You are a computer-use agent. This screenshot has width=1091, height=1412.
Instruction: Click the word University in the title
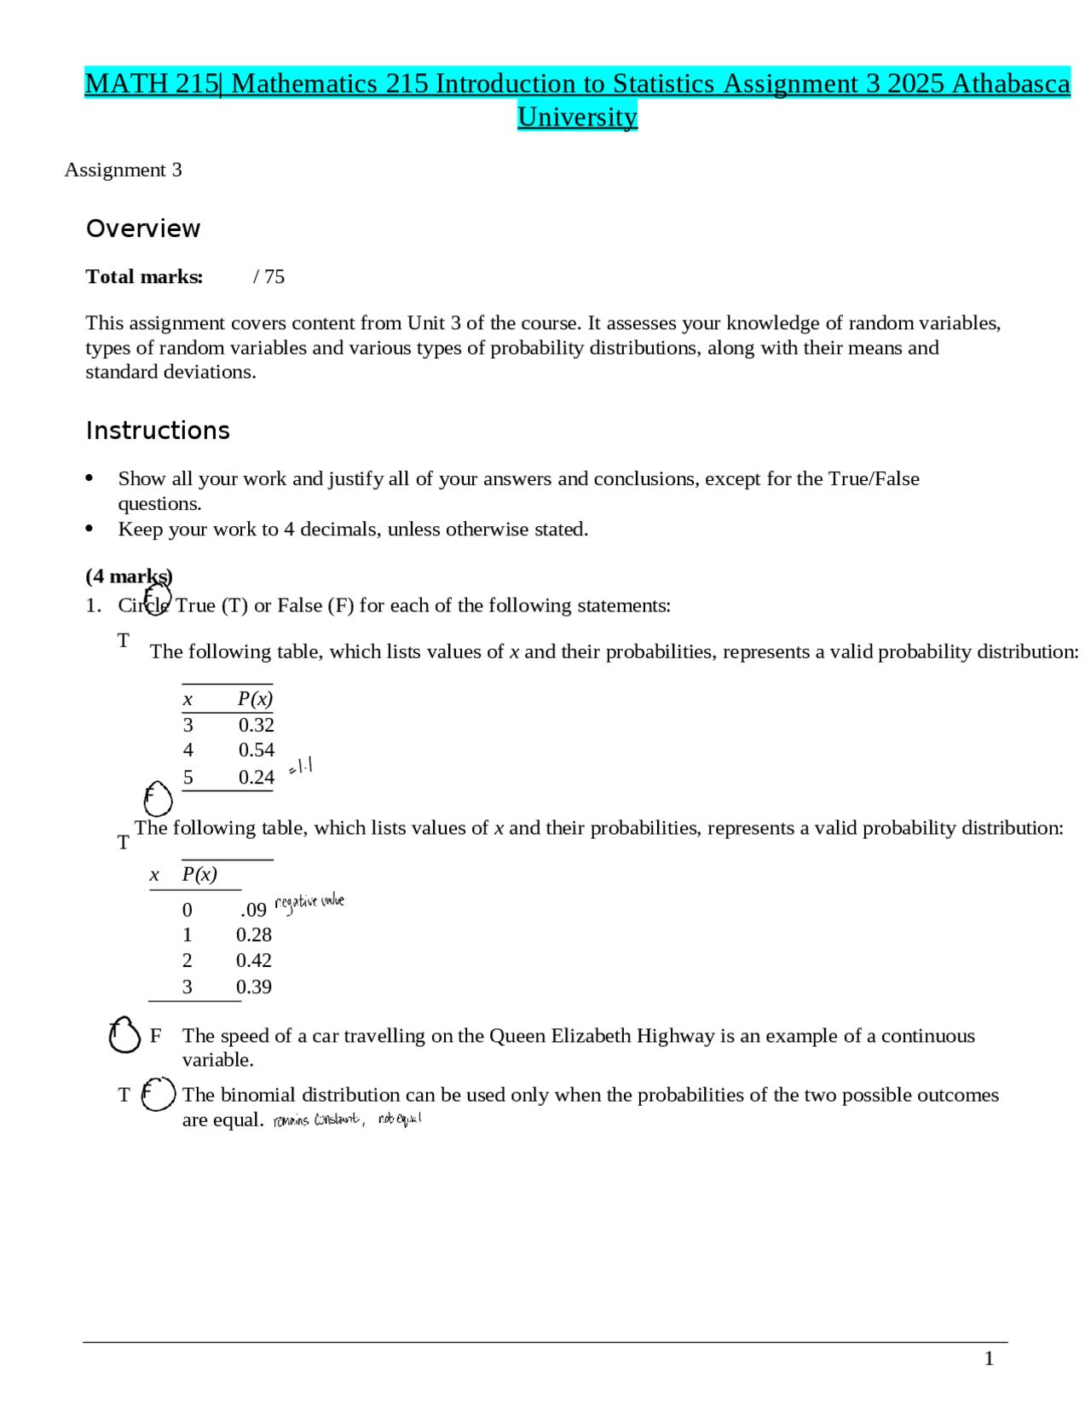point(577,116)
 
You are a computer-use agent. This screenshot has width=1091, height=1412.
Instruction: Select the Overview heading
point(143,229)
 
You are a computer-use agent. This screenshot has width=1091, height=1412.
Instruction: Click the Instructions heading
point(158,431)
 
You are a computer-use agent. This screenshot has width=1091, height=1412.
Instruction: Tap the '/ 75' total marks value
point(268,276)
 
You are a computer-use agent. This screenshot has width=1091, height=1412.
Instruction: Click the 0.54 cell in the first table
point(256,749)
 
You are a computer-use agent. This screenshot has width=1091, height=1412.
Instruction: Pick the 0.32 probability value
point(256,725)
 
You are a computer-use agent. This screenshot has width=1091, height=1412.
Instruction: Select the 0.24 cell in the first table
point(256,777)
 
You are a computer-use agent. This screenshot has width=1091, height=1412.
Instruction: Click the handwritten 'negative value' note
point(309,902)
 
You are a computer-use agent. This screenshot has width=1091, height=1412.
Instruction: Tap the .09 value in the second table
point(253,910)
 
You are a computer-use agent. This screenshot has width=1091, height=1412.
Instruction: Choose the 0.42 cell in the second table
point(253,960)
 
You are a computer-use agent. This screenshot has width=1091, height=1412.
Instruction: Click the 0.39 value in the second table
point(253,987)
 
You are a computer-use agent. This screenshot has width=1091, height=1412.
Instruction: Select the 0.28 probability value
point(253,935)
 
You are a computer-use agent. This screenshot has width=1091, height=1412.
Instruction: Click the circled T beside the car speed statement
point(124,1035)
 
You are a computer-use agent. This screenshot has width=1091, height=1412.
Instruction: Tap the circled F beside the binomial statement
point(158,1094)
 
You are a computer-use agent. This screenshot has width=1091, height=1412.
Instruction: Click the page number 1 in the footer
point(989,1358)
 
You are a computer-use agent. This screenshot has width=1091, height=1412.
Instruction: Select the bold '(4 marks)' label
point(129,576)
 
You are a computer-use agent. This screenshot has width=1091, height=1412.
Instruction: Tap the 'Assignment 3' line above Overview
point(123,170)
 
